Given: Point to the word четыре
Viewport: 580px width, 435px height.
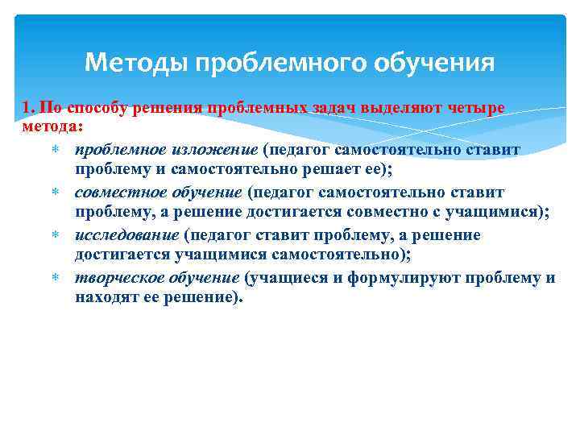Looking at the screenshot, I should click(476, 108).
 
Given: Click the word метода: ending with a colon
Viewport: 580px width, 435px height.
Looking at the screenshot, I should click(48, 127).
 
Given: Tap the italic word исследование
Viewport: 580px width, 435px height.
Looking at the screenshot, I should click(126, 235).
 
